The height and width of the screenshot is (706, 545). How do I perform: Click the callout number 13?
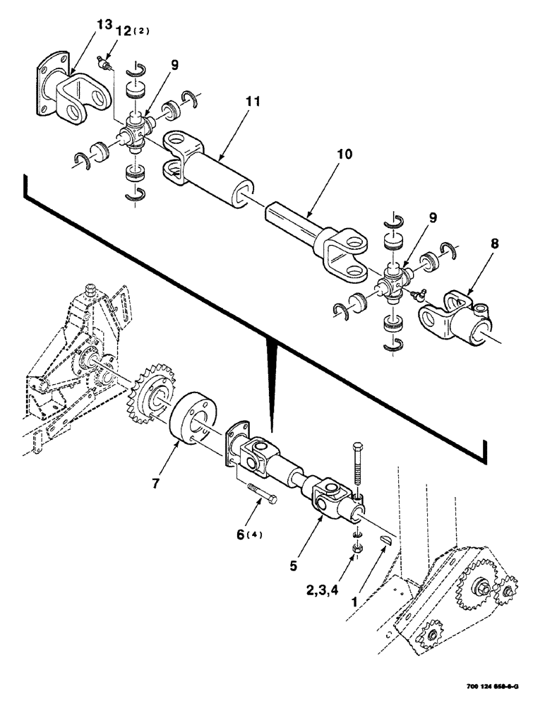point(104,26)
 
